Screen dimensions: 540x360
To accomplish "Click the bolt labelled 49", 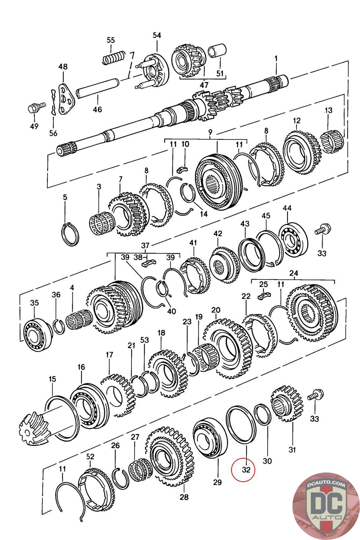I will (x=34, y=109).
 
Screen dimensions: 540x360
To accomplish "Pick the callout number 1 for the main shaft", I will (x=276, y=58).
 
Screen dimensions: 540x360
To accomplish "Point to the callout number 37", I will (x=145, y=245).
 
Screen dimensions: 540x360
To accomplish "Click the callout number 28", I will (x=184, y=497).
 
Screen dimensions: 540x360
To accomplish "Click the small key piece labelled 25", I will (x=264, y=296).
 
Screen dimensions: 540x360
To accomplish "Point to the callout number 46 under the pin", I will (x=97, y=109).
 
